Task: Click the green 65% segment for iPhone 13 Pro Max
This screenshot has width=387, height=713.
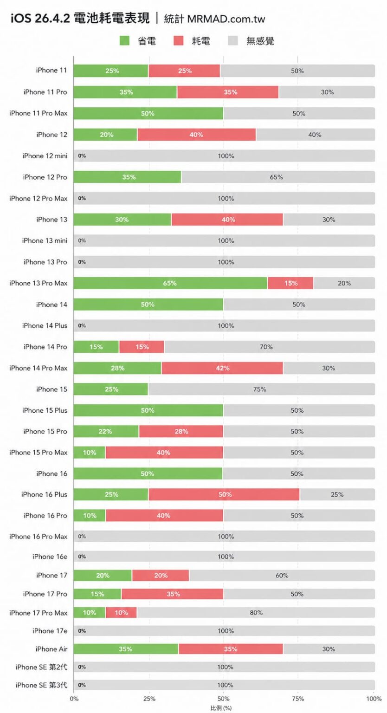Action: pos(170,283)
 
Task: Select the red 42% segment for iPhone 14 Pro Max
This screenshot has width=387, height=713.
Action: pos(222,368)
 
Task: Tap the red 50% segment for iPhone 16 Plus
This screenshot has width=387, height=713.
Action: pos(225,495)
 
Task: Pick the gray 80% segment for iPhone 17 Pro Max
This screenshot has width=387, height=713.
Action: pos(256,613)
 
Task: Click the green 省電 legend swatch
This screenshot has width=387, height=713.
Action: pos(124,41)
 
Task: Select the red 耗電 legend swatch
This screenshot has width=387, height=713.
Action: pos(179,41)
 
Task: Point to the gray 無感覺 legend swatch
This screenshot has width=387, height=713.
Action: pos(233,41)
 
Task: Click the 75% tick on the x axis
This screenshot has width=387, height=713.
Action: pos(298,698)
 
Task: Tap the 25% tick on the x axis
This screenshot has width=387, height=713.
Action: pos(149,698)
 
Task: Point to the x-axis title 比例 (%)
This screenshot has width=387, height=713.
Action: pos(221,708)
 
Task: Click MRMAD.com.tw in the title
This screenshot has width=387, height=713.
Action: pos(226,19)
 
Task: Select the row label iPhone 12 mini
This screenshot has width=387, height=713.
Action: pos(45,156)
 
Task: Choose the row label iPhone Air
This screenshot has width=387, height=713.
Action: pos(51,649)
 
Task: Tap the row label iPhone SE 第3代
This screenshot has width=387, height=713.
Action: pos(41,685)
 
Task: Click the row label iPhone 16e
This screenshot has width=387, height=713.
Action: pos(50,557)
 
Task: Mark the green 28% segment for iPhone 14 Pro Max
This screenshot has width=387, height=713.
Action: pos(117,368)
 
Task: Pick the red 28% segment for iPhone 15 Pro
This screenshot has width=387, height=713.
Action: pos(181,432)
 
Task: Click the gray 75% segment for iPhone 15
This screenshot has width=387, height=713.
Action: pos(260,389)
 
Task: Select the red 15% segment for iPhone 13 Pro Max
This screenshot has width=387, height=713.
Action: pos(291,283)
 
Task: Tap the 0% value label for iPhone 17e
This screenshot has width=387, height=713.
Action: pos(82,631)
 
